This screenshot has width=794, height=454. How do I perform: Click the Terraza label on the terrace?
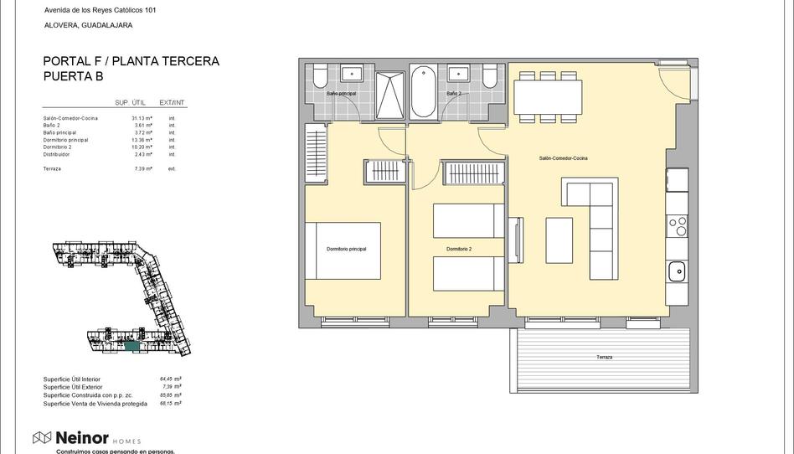point(604,358)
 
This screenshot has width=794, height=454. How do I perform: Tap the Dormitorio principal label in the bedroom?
point(346,250)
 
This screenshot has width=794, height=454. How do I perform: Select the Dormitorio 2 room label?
point(458,250)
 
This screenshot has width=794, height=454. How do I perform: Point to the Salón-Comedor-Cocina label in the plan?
point(563,158)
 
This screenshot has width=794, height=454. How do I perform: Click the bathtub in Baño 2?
point(423,92)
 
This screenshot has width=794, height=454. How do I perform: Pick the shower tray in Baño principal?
point(389,95)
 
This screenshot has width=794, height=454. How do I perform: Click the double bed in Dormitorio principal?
point(343,250)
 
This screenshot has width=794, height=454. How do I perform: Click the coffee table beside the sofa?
point(559,240)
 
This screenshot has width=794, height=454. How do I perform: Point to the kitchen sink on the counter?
point(676,271)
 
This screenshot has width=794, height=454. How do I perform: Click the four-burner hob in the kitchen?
point(676,225)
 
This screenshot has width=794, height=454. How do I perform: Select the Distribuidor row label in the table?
point(57,154)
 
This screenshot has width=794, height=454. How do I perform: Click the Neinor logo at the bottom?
point(76,437)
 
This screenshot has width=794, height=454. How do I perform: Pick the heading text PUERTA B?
point(75,76)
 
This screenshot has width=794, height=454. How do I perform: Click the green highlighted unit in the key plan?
point(131,344)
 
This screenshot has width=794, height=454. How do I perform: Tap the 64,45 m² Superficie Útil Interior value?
point(170,379)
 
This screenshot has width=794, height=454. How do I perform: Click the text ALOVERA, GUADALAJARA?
point(88,25)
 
